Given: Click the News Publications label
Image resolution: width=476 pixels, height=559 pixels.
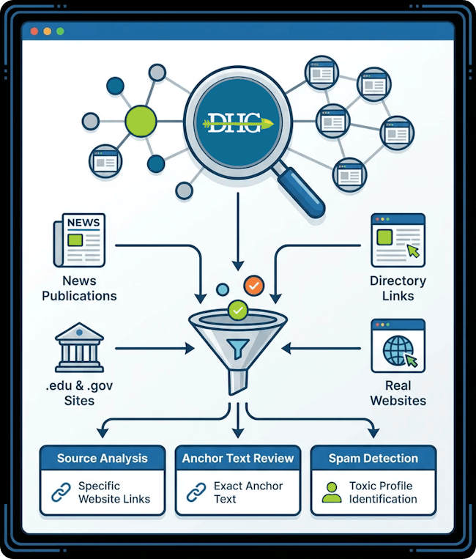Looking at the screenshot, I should click(x=78, y=289).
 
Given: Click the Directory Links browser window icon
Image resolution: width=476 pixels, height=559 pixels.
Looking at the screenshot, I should click(x=397, y=240).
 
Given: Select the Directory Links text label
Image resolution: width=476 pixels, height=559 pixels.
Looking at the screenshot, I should click(x=398, y=289).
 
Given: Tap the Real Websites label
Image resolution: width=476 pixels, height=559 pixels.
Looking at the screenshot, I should click(x=398, y=393).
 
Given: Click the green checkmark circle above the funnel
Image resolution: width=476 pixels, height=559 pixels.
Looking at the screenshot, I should click(x=237, y=311).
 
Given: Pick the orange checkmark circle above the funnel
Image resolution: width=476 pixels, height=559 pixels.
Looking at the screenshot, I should click(x=254, y=285).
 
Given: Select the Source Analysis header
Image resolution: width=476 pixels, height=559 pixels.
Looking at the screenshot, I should click(x=102, y=459).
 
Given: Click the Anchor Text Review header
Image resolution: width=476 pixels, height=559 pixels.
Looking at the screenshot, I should click(x=237, y=459).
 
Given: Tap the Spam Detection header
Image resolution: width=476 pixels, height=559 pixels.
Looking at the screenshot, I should click(x=373, y=459).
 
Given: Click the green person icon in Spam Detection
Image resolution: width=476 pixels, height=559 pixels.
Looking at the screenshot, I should click(x=332, y=492).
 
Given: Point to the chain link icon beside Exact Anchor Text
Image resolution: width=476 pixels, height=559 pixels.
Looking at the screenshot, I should click(x=196, y=492).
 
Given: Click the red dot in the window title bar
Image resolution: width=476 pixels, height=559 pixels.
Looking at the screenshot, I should click(x=34, y=32).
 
